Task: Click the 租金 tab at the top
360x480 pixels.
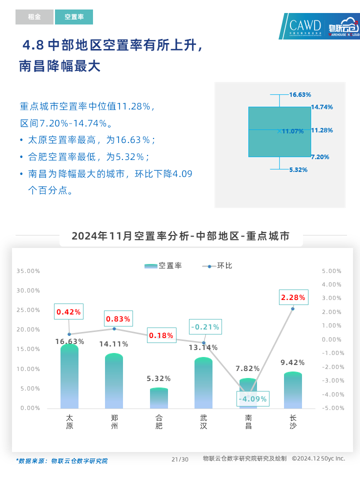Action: pyautogui.click(x=34, y=17)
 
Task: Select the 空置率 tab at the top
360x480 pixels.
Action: pyautogui.click(x=74, y=17)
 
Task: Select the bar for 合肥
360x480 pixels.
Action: pyautogui.click(x=159, y=398)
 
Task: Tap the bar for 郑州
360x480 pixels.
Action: pyautogui.click(x=114, y=381)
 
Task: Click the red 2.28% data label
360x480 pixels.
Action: pyautogui.click(x=293, y=297)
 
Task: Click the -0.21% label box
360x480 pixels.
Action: pyautogui.click(x=205, y=327)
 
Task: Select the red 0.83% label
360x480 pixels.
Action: pyautogui.click(x=118, y=318)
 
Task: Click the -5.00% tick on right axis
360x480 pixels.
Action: pyautogui.click(x=331, y=408)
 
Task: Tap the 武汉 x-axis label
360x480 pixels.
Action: pyautogui.click(x=203, y=421)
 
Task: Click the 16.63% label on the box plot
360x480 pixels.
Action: pyautogui.click(x=300, y=94)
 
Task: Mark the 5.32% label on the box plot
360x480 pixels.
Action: pyautogui.click(x=298, y=169)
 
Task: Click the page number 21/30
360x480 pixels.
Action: pyautogui.click(x=180, y=459)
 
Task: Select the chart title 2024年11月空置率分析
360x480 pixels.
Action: pyautogui.click(x=180, y=236)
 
